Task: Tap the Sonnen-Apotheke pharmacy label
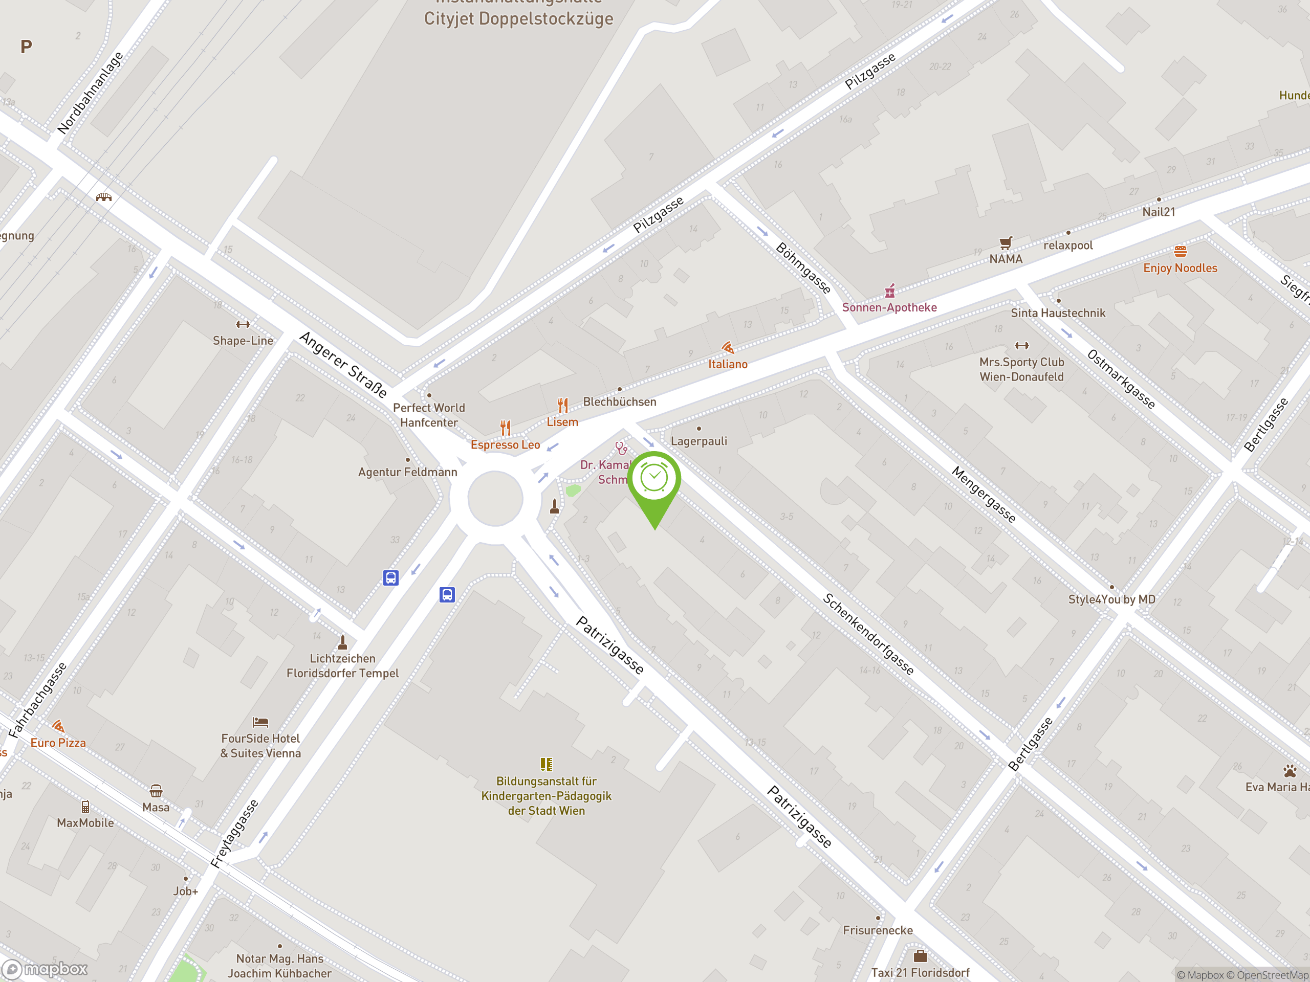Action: pyautogui.click(x=889, y=307)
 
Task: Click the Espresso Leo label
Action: pyautogui.click(x=505, y=444)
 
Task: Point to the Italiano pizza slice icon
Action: pyautogui.click(x=728, y=347)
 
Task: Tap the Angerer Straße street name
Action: pyautogui.click(x=343, y=365)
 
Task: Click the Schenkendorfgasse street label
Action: pyautogui.click(x=868, y=634)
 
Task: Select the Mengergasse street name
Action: pyautogui.click(x=984, y=494)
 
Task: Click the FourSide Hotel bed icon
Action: pyautogui.click(x=260, y=722)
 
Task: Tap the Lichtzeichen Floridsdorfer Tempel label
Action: pyautogui.click(x=342, y=666)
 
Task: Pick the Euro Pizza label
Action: pyautogui.click(x=58, y=743)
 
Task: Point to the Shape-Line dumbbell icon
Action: pyautogui.click(x=243, y=324)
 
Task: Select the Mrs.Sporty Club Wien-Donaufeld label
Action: pyautogui.click(x=1021, y=369)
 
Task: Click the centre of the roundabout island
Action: pyautogui.click(x=495, y=498)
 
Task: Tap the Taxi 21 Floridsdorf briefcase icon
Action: pyautogui.click(x=920, y=956)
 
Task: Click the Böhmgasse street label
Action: pyautogui.click(x=803, y=267)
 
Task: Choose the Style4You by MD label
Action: pyautogui.click(x=1111, y=599)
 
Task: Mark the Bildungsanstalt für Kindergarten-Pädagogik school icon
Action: pyautogui.click(x=546, y=764)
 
